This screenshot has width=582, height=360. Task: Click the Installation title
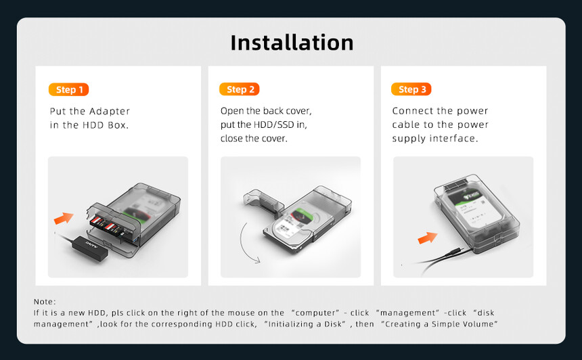(292, 43)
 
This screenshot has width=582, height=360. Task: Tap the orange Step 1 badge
(68, 89)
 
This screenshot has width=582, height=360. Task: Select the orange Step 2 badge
(240, 89)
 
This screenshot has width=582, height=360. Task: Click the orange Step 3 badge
(411, 89)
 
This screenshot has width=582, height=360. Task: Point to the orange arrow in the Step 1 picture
(64, 218)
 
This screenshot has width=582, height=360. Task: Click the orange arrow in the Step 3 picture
(427, 238)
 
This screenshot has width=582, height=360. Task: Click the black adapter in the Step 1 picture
(90, 248)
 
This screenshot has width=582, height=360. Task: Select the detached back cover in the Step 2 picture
(263, 202)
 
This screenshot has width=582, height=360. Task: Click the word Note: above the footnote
(45, 302)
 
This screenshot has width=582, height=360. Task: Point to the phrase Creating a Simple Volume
(439, 324)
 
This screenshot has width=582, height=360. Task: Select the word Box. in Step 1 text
(118, 125)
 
